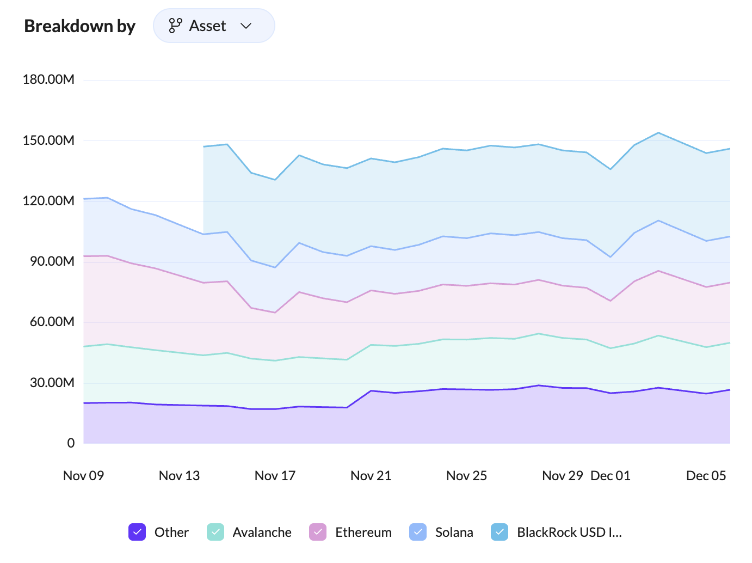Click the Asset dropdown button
[x=213, y=26]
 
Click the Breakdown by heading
[x=79, y=26]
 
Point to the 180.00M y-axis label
[x=48, y=79]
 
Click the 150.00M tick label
[x=48, y=140]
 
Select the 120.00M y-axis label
[x=48, y=201]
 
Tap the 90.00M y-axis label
[x=52, y=261]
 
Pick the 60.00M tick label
[x=52, y=322]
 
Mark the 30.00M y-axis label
[x=52, y=383]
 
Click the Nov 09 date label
[x=83, y=476]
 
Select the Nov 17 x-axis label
[x=275, y=476]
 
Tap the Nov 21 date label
[x=371, y=476]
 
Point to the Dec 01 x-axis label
[x=611, y=476]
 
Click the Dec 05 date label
[x=706, y=476]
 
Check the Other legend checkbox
[x=137, y=532]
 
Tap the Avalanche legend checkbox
[x=215, y=532]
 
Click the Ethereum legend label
[x=363, y=533]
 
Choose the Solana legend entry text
[x=454, y=533]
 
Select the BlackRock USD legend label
[x=569, y=533]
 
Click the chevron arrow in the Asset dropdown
[x=246, y=26]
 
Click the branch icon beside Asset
[x=175, y=26]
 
